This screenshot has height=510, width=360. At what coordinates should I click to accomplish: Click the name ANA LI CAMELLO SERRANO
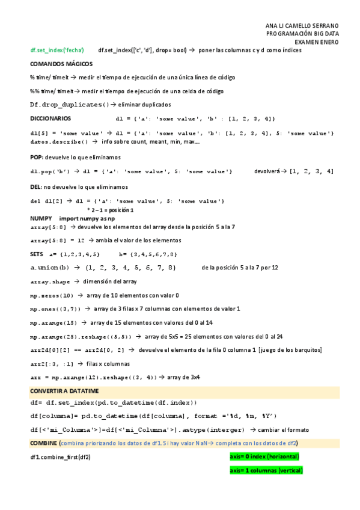pyautogui.click(x=302, y=26)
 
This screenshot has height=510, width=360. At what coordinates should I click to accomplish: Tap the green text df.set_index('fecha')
pyautogui.click(x=57, y=50)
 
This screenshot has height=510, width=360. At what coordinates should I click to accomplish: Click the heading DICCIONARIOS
pyautogui.click(x=50, y=118)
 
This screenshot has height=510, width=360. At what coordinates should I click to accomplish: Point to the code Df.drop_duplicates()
pyautogui.click(x=70, y=105)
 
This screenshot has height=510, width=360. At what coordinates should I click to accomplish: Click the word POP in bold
pyautogui.click(x=37, y=157)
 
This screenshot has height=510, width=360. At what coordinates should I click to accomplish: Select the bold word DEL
pyautogui.click(x=36, y=187)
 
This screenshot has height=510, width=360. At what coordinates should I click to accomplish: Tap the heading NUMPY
pyautogui.click(x=41, y=218)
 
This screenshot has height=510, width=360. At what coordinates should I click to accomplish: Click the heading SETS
pyautogui.click(x=37, y=253)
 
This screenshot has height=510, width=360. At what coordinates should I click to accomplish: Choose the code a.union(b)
pyautogui.click(x=50, y=267)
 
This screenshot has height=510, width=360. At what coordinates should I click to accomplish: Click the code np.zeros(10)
pyautogui.click(x=52, y=295)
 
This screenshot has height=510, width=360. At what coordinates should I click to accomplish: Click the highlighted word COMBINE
pyautogui.click(x=43, y=443)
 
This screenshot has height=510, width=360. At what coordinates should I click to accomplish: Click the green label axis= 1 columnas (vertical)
pyautogui.click(x=266, y=470)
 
